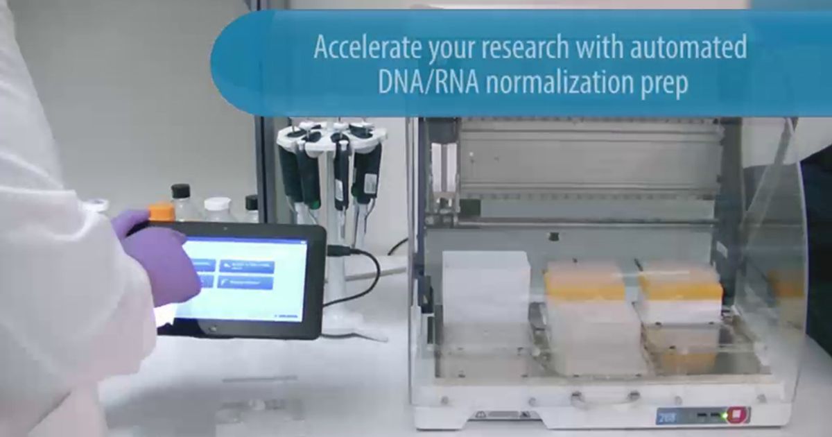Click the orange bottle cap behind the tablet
tap(162, 211)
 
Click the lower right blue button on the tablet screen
tap(245, 282)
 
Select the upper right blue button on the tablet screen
tap(246, 266)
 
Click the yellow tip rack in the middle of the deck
tap(584, 281)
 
